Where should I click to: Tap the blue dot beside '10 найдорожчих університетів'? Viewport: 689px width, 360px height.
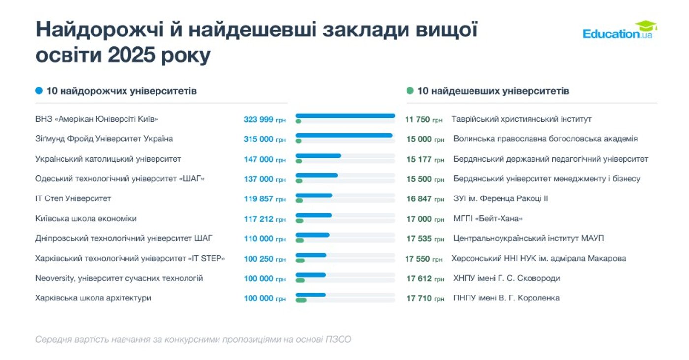point(39,91)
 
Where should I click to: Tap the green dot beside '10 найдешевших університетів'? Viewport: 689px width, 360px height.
point(410,91)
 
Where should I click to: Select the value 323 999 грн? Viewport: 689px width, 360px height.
point(264,119)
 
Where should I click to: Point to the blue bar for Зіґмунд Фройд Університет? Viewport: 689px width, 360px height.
point(344,135)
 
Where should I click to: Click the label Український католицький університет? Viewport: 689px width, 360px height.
point(108,159)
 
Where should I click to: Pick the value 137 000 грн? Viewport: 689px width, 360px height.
point(264,179)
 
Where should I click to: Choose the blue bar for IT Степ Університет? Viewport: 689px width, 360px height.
point(314,196)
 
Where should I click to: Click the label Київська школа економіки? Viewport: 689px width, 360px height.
point(86,219)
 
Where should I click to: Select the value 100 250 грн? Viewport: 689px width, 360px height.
point(264,259)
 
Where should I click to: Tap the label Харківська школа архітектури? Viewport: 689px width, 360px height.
point(94,298)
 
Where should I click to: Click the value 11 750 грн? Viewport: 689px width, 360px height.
point(424,119)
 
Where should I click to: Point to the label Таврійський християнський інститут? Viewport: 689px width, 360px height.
point(521,119)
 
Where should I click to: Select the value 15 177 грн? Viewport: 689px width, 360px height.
point(425,159)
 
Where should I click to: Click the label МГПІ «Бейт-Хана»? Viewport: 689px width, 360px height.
point(488,219)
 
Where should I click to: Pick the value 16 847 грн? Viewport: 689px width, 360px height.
point(425,199)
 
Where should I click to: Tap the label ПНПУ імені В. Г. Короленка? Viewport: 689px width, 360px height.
point(506,298)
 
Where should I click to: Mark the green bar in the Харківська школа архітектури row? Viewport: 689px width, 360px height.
point(301,300)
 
